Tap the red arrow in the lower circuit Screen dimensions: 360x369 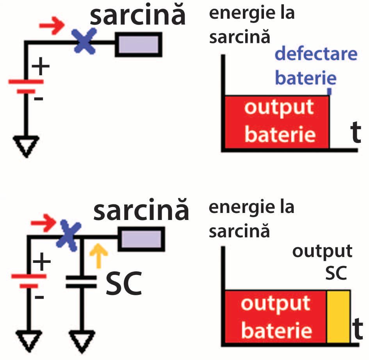(x=43, y=223)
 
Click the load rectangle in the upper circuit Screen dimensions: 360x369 (x=139, y=43)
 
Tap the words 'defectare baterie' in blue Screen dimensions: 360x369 (x=316, y=66)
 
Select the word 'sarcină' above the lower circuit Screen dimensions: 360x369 (x=141, y=210)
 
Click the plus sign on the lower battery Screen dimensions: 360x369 (x=41, y=262)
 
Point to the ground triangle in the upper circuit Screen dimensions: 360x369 (x=26, y=146)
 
